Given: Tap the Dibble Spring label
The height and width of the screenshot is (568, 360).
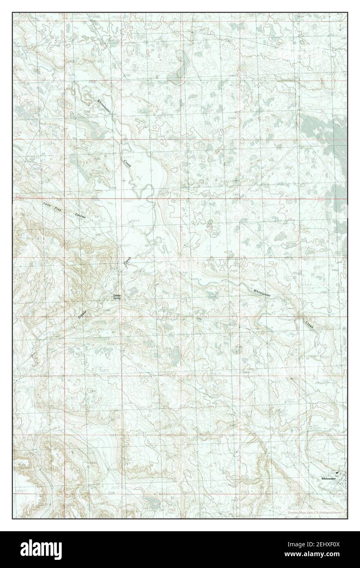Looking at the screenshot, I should (x=117, y=297).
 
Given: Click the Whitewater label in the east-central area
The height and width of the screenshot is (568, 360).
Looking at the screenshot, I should (x=262, y=292).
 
